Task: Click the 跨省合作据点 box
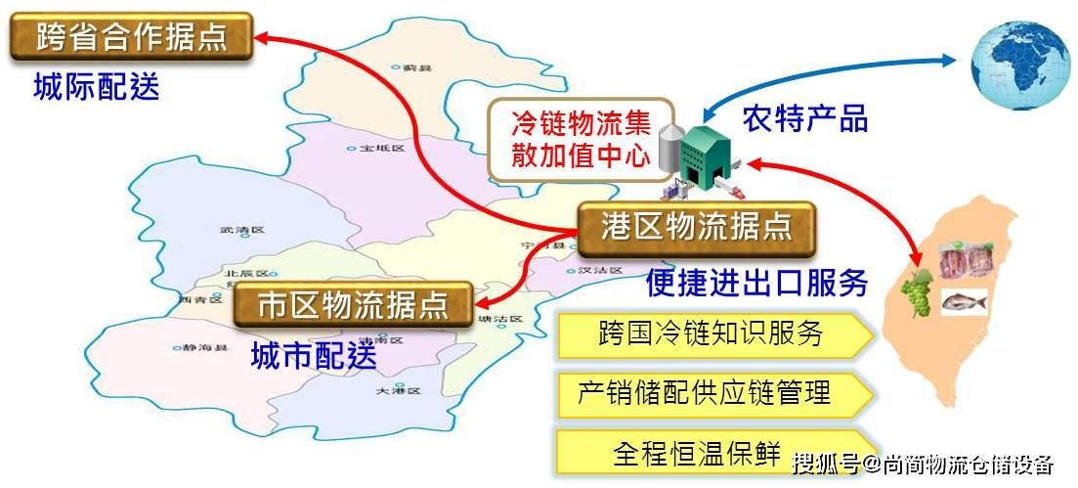tap(132, 37)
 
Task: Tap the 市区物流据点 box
tap(353, 304)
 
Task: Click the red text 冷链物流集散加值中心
tap(582, 140)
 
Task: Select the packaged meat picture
tap(964, 261)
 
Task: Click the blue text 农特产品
tap(804, 118)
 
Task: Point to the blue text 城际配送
tap(96, 88)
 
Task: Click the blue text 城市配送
tap(313, 355)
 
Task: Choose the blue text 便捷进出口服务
tap(756, 283)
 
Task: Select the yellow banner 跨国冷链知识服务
tap(711, 334)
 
